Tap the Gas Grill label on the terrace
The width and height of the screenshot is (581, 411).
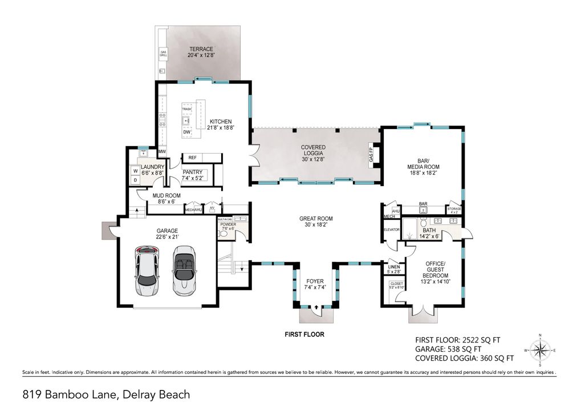point(162,54)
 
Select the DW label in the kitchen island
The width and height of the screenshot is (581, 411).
point(186,132)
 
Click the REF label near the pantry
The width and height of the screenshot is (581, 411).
point(193,157)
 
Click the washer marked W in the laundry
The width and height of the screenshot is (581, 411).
point(136,171)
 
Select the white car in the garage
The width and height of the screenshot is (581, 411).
point(148,269)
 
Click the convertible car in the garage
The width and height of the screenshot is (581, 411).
point(184,270)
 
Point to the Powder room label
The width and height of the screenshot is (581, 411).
point(227,226)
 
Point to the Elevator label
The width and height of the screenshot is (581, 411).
point(391,229)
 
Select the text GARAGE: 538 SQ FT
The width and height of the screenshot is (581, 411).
point(449,348)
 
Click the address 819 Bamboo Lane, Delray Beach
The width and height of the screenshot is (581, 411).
point(106,394)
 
